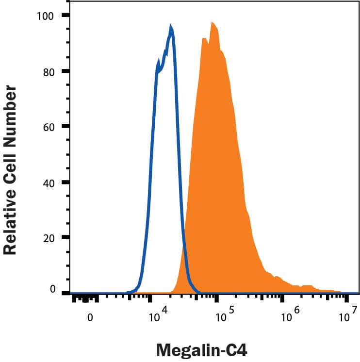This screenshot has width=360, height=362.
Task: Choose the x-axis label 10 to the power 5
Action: tap(224, 316)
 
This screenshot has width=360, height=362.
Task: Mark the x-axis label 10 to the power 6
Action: tap(290, 316)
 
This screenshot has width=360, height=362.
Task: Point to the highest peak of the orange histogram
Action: tap(212, 22)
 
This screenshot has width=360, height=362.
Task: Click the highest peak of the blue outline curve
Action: tap(170, 26)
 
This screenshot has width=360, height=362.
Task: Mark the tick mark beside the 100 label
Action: tap(65, 16)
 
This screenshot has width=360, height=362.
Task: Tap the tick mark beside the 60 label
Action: tap(65, 127)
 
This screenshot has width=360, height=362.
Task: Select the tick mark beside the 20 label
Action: tap(65, 238)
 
